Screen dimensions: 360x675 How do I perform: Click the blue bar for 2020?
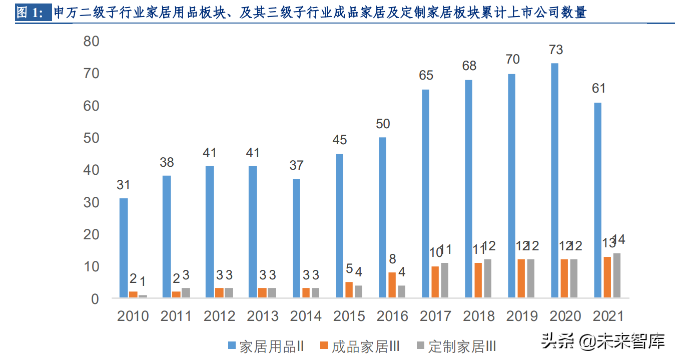[555, 181]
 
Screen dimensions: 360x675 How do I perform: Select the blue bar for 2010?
[124, 248]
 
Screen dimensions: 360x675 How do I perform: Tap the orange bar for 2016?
[392, 285]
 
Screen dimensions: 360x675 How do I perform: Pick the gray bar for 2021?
[617, 276]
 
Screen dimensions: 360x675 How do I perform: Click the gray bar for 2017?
[445, 280]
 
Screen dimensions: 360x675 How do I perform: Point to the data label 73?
[555, 50]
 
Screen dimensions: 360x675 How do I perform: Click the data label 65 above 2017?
[426, 76]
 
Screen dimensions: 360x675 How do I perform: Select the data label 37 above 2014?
[297, 165]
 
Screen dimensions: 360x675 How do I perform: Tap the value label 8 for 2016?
[392, 259]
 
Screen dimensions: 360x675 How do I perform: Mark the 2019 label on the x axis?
[521, 316]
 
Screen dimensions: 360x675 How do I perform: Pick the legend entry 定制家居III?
[456, 346]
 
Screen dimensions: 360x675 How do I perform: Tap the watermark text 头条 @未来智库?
[602, 341]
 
